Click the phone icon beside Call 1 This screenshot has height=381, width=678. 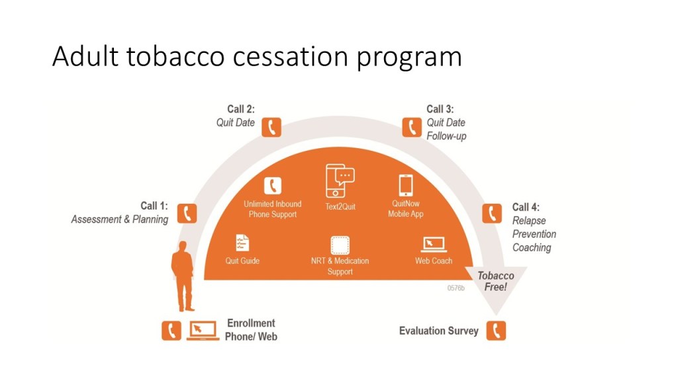tap(187, 213)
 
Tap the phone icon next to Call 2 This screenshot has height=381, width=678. tap(271, 127)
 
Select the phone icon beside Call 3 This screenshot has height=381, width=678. tap(412, 127)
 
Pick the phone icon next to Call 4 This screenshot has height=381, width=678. tap(492, 213)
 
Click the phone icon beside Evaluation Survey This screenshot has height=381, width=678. tap(496, 330)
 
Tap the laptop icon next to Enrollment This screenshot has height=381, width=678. tap(203, 330)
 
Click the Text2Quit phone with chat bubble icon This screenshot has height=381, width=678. tap(340, 181)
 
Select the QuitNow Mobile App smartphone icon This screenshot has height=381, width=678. tap(405, 185)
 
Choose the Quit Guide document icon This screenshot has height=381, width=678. tap(243, 243)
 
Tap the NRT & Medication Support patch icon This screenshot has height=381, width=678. tap(340, 245)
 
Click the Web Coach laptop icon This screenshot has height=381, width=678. tap(434, 244)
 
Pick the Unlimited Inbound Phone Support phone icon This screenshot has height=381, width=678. tap(272, 186)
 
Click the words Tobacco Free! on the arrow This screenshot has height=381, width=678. tap(496, 281)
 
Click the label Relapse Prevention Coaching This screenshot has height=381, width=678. tap(534, 234)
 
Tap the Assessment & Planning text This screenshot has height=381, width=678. tap(120, 220)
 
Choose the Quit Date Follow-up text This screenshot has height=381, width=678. tap(446, 130)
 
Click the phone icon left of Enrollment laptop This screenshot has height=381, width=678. tap(171, 330)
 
